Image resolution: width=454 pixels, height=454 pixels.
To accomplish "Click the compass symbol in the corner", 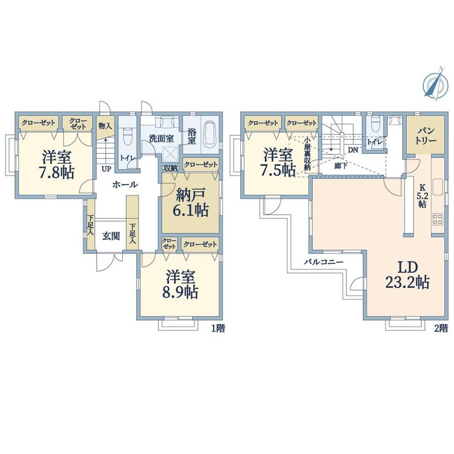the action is click(x=434, y=84).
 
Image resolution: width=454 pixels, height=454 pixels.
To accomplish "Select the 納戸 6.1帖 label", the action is click(x=190, y=202).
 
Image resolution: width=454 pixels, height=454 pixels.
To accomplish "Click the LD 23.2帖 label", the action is click(x=407, y=274).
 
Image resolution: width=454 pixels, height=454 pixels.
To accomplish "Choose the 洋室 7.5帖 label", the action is click(x=278, y=163).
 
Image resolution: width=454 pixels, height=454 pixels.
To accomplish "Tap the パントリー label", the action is click(x=425, y=136).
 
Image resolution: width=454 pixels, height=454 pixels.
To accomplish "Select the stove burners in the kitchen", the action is click(x=437, y=219).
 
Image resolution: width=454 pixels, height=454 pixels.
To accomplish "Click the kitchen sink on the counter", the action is click(x=438, y=187).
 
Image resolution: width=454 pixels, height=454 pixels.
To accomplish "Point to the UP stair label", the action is click(x=106, y=169).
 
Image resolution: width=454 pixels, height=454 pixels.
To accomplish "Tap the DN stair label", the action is click(x=353, y=150).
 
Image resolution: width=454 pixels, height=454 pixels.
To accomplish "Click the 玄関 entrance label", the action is click(x=111, y=236).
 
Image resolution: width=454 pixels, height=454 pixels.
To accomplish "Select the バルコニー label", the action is click(x=323, y=263).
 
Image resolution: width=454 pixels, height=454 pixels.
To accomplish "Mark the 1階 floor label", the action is click(x=218, y=328).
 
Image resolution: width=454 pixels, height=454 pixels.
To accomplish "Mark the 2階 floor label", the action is click(x=441, y=328).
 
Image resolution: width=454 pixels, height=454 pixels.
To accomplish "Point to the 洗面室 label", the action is click(x=161, y=138).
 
